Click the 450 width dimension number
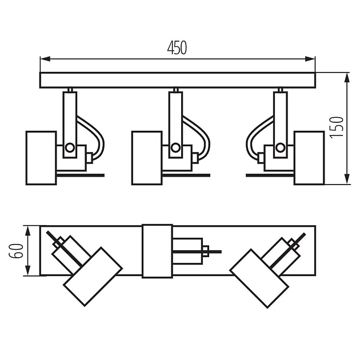pyautogui.click(x=177, y=48)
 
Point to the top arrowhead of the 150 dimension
pyautogui.click(x=347, y=76)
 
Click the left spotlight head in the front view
pyautogui.click(x=41, y=158)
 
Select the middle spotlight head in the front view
pyautogui.click(x=147, y=158)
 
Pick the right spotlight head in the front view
pyautogui.click(x=309, y=158)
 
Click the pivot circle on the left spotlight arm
pyautogui.click(x=70, y=147)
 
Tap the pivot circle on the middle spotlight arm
pyautogui.click(x=175, y=147)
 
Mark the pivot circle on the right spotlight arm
pyautogui.click(x=281, y=147)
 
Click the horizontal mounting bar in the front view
pyautogui.click(x=177, y=80)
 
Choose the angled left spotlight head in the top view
pyautogui.click(x=93, y=277)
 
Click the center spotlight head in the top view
pyautogui.click(x=157, y=251)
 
